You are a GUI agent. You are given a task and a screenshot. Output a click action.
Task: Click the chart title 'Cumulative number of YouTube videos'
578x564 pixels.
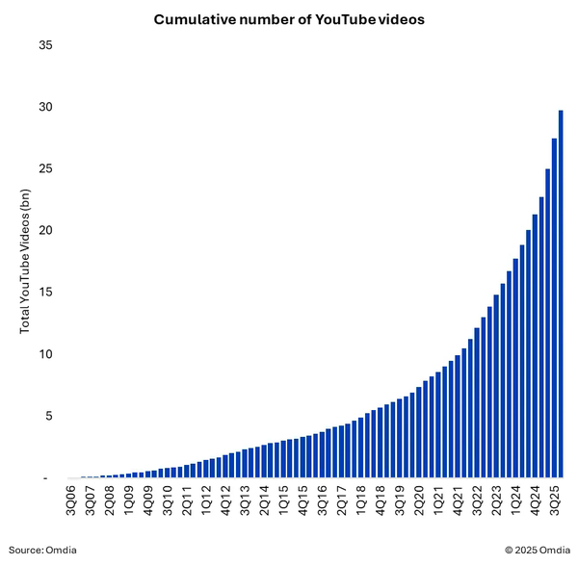click(x=288, y=19)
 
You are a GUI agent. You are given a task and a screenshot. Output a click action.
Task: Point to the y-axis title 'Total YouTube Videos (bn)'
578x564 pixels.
click(x=26, y=261)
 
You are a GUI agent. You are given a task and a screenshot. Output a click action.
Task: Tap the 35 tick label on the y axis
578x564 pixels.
click(x=45, y=45)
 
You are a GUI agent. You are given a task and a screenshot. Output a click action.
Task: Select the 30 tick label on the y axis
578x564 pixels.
click(x=45, y=107)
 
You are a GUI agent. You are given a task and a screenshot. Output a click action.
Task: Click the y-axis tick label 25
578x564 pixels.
click(x=45, y=168)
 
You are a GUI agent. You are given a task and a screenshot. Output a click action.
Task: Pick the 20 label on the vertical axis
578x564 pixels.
click(x=45, y=231)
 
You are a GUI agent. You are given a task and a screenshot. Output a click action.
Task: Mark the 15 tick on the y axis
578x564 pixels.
click(x=45, y=293)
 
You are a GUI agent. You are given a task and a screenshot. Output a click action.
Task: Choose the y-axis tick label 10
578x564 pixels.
click(x=45, y=354)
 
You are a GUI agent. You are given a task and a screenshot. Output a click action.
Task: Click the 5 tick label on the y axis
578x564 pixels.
click(x=49, y=416)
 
